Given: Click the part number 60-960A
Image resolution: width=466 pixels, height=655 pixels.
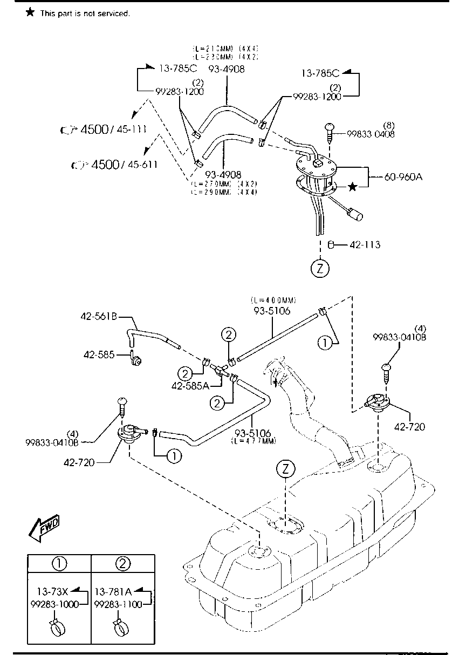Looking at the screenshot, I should [x=403, y=175].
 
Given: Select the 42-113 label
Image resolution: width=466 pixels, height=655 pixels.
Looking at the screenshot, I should [x=365, y=245].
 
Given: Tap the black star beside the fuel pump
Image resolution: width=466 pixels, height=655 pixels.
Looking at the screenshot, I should [x=352, y=187].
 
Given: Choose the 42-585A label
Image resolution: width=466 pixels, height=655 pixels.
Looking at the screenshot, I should [x=190, y=386].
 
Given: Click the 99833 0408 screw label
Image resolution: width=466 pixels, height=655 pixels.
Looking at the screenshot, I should [x=371, y=134].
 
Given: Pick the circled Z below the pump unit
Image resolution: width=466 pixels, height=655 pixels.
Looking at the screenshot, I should [x=320, y=268].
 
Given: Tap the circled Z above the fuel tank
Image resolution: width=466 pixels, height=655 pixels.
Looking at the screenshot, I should [x=285, y=470].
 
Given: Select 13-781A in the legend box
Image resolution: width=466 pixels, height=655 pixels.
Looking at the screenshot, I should [x=113, y=590].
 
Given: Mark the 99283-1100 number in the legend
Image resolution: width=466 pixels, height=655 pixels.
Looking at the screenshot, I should [x=118, y=604].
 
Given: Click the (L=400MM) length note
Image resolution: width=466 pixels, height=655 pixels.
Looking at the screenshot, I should [x=274, y=300].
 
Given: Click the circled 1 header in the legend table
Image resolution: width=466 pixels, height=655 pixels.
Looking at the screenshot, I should [x=59, y=564].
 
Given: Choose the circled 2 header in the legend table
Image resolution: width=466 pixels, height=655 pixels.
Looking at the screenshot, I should [x=122, y=564].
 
